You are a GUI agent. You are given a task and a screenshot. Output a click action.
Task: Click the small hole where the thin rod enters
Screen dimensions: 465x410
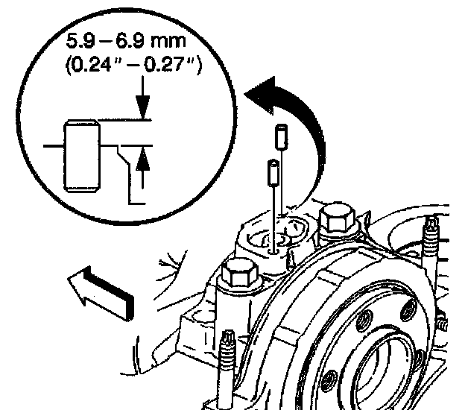(x=276, y=251)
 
